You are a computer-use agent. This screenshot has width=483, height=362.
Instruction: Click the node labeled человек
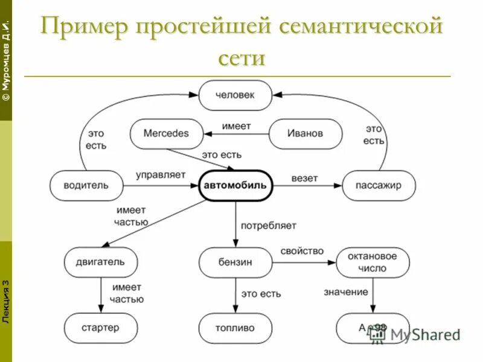tap(235, 95)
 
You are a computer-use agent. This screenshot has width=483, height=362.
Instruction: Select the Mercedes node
tap(167, 133)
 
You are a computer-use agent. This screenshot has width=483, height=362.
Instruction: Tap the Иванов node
tap(305, 133)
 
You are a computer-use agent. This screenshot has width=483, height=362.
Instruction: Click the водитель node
tap(86, 185)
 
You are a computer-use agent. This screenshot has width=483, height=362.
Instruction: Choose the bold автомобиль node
tap(235, 185)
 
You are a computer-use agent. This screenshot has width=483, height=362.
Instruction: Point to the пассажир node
tap(379, 185)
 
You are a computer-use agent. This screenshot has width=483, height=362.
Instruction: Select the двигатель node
tap(101, 262)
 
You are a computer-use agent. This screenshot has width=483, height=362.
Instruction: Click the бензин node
tap(235, 262)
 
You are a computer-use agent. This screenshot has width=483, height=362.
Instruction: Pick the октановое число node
tap(373, 262)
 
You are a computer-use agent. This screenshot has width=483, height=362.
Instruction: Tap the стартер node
tap(101, 328)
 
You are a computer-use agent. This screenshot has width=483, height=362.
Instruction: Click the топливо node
tap(235, 328)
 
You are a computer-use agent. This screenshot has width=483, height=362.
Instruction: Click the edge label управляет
tap(160, 176)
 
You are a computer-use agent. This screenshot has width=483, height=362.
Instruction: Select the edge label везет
tap(304, 179)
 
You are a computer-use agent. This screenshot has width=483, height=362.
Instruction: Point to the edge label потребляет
tap(269, 226)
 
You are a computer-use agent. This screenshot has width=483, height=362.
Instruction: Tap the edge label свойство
tap(302, 251)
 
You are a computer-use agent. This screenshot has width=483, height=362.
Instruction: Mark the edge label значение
tap(345, 292)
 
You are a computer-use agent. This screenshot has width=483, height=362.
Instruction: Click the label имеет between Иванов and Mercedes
tap(236, 126)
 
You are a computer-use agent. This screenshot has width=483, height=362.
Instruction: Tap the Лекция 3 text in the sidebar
tap(5, 302)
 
